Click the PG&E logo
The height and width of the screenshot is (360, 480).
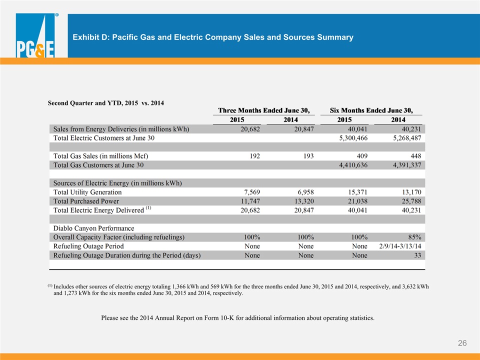coord(35,35)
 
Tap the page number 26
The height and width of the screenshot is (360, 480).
coord(462,343)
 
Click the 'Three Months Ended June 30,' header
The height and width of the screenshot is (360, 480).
coord(264,110)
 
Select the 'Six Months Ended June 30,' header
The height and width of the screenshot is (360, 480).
coord(371,110)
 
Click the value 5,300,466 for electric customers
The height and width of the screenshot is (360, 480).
coord(353,138)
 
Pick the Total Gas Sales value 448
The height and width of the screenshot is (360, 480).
coord(415,156)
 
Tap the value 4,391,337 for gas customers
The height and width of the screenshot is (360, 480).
coord(407,165)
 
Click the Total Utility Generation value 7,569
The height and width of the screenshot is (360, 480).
coord(252,192)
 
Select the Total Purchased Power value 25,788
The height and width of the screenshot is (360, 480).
coord(411,201)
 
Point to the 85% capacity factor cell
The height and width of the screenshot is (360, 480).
coord(414,237)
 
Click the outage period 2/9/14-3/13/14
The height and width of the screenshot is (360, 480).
coord(400,246)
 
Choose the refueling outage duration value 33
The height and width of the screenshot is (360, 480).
coord(417,255)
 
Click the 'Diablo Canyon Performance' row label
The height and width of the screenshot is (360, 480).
coord(93,228)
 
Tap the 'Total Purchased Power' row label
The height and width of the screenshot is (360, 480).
coord(86,201)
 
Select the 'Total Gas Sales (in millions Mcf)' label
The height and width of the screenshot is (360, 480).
coord(100,156)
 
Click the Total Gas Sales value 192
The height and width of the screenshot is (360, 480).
coord(254,156)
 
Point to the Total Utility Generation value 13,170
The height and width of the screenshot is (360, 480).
coord(411,192)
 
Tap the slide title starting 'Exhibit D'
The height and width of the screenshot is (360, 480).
coord(213,37)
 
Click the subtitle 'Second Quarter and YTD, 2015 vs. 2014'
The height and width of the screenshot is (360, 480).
coord(106,103)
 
